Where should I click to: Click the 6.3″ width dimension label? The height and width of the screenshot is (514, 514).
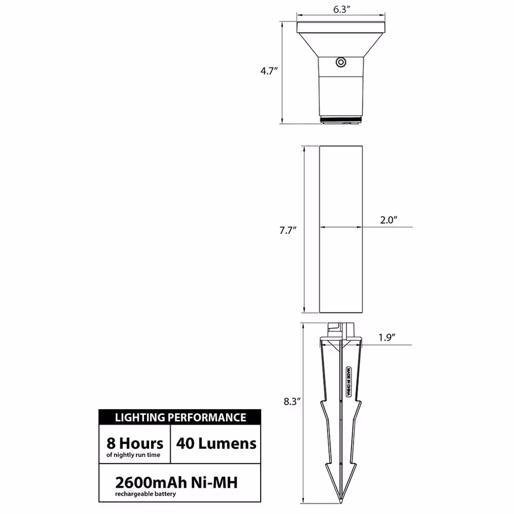pos(342,9)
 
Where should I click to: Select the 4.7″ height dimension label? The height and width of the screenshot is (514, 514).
pos(269,71)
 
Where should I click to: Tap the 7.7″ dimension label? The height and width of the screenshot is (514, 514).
pos(288,230)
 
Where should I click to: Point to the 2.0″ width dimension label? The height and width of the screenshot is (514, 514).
pos(389,220)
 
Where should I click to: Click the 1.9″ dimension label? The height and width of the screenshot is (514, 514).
pos(387,337)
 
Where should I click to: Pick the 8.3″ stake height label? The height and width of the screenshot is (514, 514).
pos(292,401)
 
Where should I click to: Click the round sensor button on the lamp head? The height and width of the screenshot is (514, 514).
pos(341,62)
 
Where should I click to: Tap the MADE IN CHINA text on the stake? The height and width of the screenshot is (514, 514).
pos(348,381)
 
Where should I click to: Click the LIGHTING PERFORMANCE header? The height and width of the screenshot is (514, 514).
pos(180,417)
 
